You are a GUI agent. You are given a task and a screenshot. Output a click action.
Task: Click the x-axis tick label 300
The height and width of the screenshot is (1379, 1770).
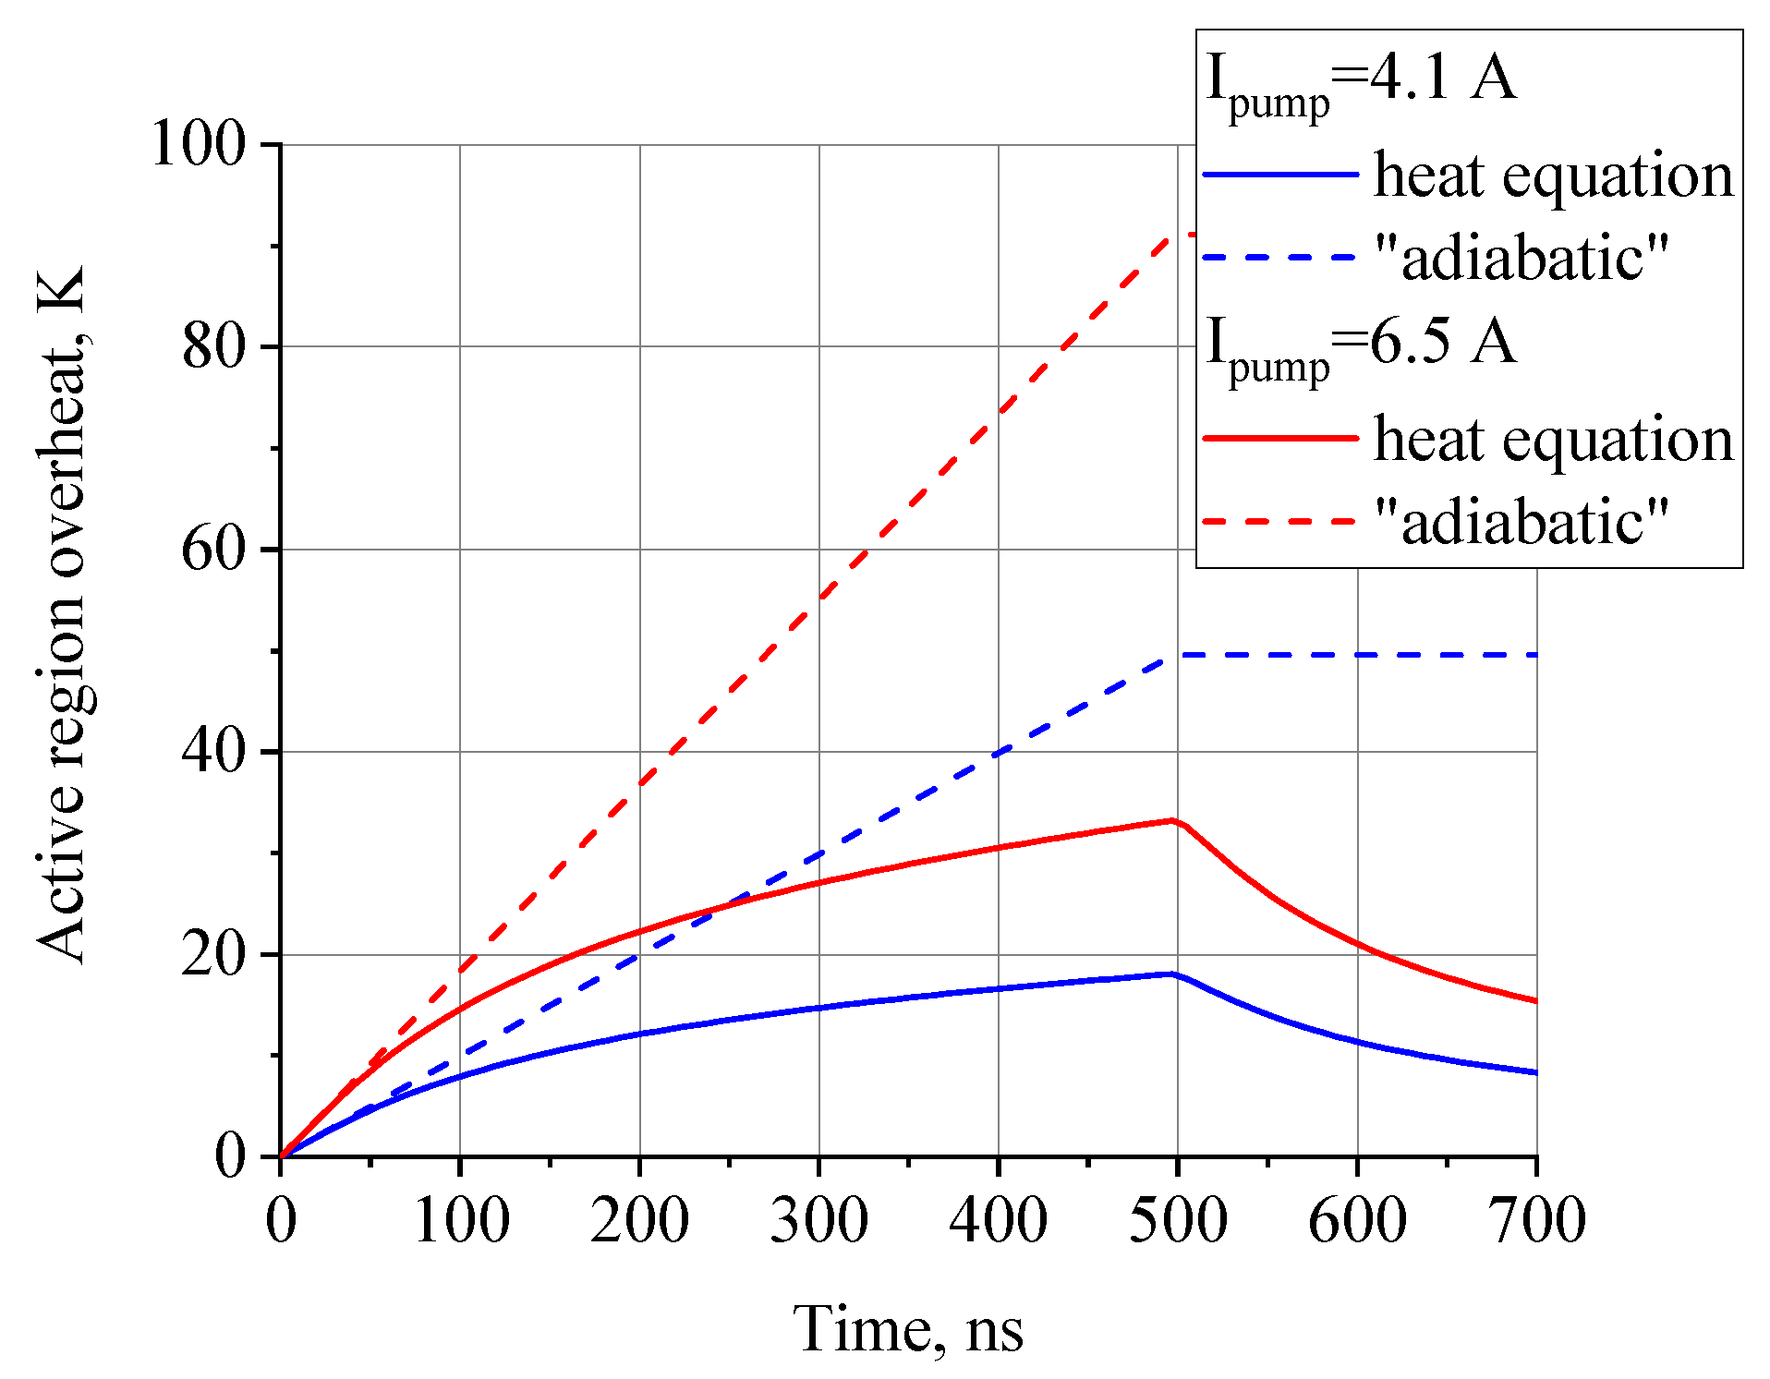click(x=818, y=1220)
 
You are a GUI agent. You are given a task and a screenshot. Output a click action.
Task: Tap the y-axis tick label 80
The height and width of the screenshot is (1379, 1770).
click(x=213, y=347)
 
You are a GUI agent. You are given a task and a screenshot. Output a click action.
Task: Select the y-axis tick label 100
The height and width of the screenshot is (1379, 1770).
click(x=198, y=144)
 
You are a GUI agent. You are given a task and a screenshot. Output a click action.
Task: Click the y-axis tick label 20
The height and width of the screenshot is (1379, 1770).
click(x=213, y=955)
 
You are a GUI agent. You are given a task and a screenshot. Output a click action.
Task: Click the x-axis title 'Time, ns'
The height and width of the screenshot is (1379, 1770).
click(x=908, y=1330)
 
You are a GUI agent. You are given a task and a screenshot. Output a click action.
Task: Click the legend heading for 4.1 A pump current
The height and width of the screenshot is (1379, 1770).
click(x=1361, y=83)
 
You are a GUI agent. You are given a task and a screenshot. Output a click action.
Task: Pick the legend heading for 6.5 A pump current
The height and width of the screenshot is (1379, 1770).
click(x=1361, y=347)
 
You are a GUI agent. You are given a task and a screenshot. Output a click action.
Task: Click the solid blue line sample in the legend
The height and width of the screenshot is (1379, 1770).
click(x=1279, y=174)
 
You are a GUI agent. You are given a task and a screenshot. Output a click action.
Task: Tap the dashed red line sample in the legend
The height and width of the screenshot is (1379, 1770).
click(x=1279, y=521)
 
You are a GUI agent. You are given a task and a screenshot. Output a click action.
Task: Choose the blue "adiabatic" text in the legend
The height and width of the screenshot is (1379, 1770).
click(x=1521, y=257)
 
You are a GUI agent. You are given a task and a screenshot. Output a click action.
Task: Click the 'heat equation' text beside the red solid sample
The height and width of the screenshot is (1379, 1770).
click(x=1553, y=438)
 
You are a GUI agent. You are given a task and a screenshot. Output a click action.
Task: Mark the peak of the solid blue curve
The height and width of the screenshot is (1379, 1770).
click(x=1172, y=974)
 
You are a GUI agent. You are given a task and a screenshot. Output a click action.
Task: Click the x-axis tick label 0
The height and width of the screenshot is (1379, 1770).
click(x=281, y=1220)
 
